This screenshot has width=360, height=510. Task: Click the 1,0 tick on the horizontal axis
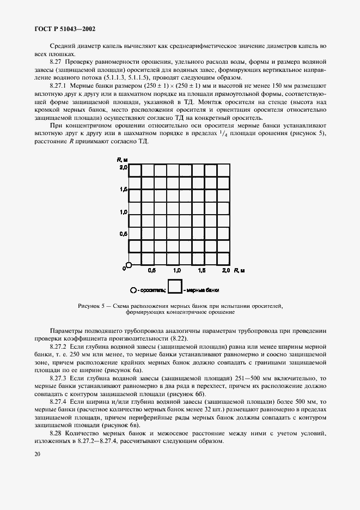tap(178, 270)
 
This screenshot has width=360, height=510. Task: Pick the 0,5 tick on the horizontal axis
tap(152, 270)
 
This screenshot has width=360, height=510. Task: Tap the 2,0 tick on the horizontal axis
tap(227, 270)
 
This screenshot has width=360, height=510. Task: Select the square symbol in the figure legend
tap(174, 287)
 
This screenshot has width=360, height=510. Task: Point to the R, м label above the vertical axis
tap(122, 160)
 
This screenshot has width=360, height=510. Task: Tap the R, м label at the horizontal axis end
tap(239, 270)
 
